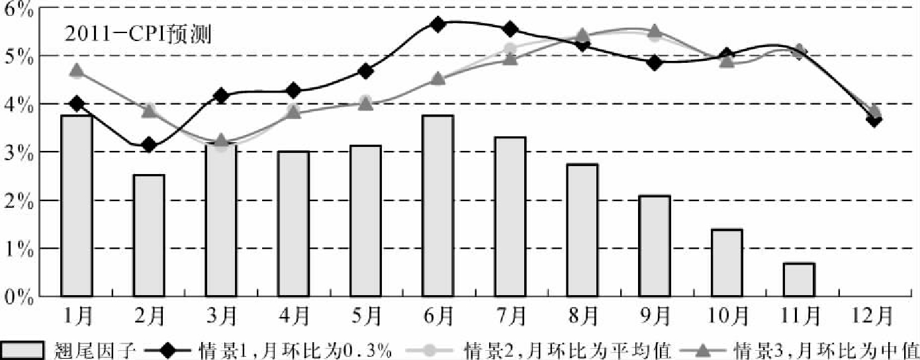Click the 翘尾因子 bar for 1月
[x=76, y=206]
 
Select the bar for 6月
[x=437, y=206]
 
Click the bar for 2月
[x=149, y=236]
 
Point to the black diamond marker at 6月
[x=437, y=24]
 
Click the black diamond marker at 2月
[x=149, y=145]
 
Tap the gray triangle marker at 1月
[x=77, y=70]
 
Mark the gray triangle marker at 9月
[x=655, y=31]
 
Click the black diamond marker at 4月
[x=293, y=90]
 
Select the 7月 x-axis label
[x=509, y=316]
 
